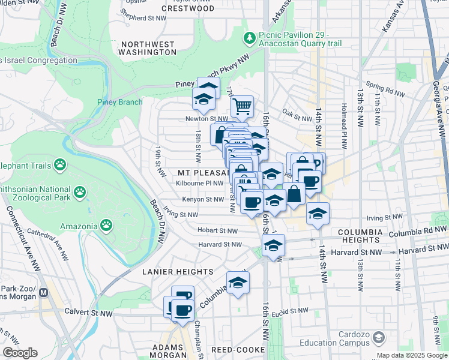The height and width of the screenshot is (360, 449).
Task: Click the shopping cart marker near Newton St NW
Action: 242,106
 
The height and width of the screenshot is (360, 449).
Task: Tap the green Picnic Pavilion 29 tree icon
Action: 249,39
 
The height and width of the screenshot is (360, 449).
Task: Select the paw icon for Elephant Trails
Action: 60,164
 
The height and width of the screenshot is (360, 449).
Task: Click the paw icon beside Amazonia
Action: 106,226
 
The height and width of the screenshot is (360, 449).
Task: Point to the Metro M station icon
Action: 43,293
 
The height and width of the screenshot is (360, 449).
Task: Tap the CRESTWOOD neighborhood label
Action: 187,8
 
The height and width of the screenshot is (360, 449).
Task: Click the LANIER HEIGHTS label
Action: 177,272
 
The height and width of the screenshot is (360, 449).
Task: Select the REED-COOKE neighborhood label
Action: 234,349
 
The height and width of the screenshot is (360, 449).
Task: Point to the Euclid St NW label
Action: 290,311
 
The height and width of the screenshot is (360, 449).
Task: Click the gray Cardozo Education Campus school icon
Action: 379,339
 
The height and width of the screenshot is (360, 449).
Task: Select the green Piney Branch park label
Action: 120,102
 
